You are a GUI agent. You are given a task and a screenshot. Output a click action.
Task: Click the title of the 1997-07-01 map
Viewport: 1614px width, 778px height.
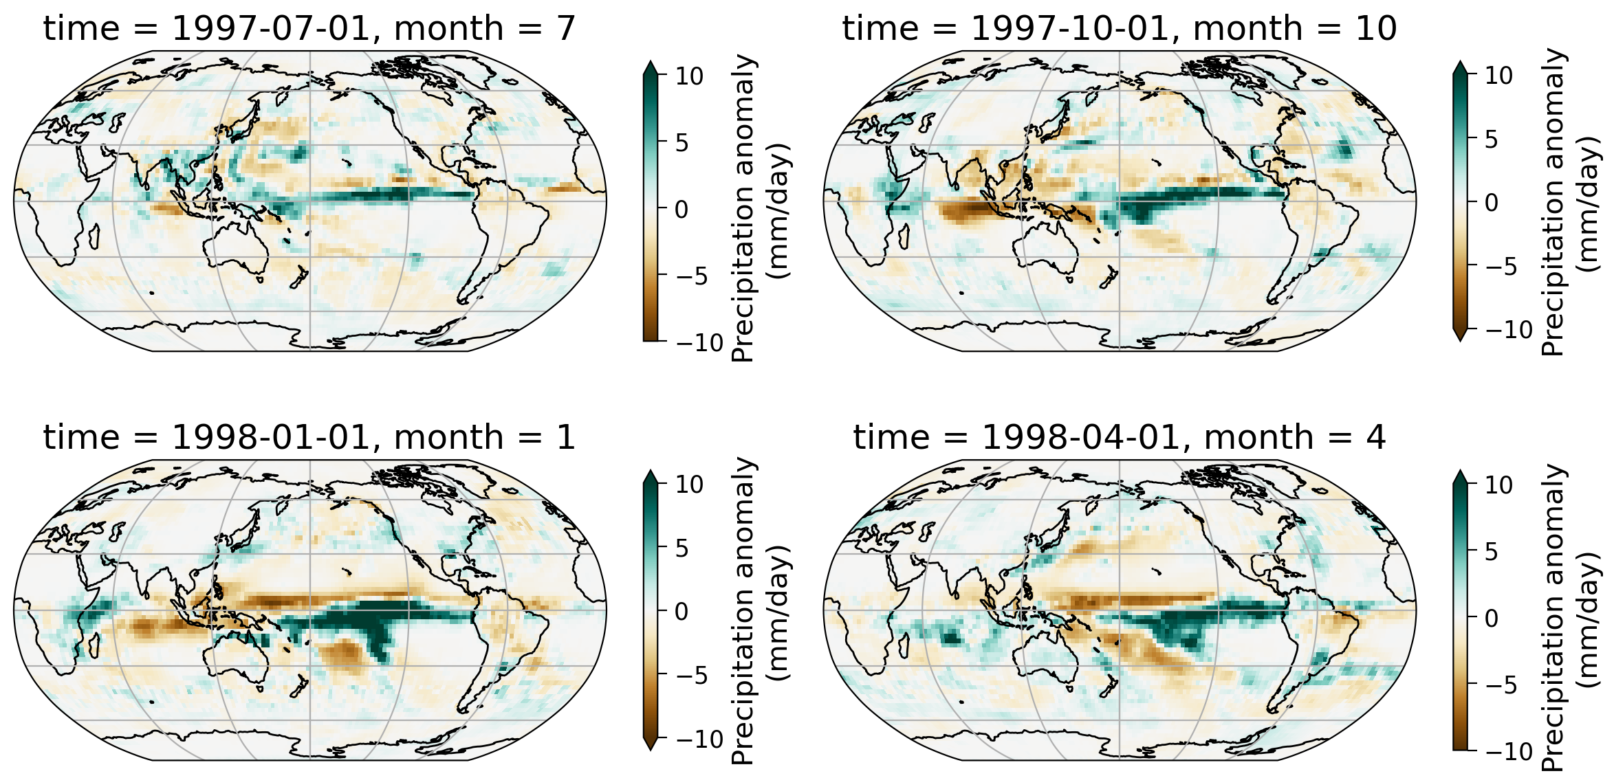click(x=309, y=29)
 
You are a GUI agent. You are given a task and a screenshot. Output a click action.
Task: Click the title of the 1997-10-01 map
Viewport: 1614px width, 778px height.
click(x=1119, y=29)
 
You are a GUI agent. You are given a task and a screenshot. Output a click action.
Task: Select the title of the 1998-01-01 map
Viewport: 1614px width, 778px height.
click(x=309, y=438)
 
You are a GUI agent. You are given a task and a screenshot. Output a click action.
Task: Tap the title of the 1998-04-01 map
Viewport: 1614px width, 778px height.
click(x=1119, y=438)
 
